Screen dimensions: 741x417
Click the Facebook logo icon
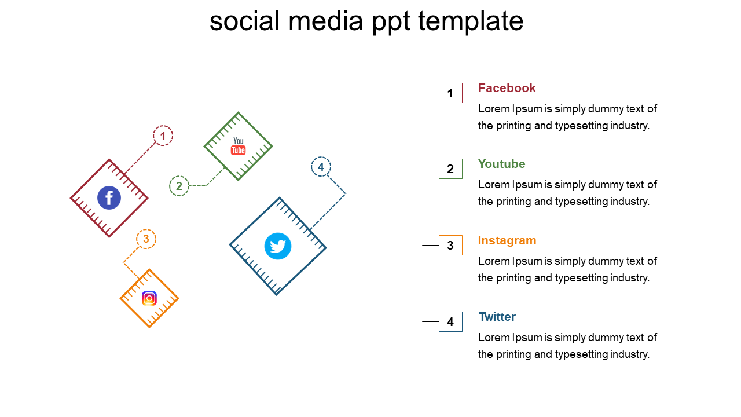tap(109, 198)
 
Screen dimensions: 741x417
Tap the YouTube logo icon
tap(238, 146)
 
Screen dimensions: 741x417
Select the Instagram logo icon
tap(149, 298)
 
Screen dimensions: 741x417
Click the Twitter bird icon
tap(278, 246)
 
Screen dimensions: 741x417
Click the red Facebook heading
tap(507, 88)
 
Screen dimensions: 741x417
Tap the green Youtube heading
tap(501, 164)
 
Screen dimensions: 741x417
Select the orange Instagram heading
tap(507, 240)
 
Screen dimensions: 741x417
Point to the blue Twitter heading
tap(497, 317)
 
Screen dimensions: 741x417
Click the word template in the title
tap(471, 22)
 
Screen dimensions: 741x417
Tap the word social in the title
tap(245, 20)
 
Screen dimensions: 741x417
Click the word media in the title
tap(325, 20)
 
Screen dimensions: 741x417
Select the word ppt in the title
tap(391, 23)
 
